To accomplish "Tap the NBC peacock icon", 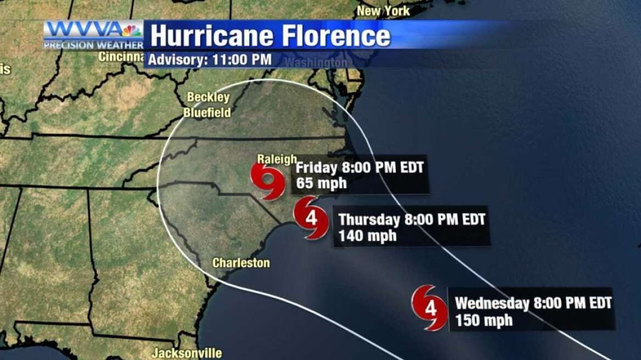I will click(132, 30).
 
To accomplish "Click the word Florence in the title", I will click(336, 36).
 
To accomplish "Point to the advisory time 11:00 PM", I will click(241, 59).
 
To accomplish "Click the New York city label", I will click(384, 10).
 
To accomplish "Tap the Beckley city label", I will click(208, 97).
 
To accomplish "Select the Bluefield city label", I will click(207, 113).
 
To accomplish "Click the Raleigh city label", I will click(277, 159).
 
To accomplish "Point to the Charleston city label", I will click(241, 263).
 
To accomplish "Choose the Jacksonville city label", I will click(187, 353).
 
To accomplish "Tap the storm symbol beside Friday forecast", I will click(268, 180).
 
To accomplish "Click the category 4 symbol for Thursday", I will click(311, 218).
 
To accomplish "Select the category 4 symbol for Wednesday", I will click(430, 308).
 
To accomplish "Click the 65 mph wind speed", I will click(321, 183).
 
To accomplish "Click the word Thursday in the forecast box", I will click(369, 220).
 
